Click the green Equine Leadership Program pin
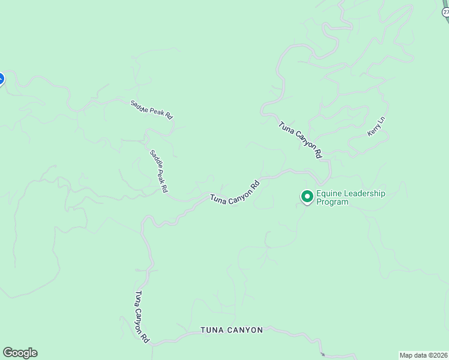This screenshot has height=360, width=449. tap(307, 196)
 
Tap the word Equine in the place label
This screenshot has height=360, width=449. tap(329, 194)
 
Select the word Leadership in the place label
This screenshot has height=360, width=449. tap(364, 194)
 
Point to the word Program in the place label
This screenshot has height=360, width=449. tap(333, 202)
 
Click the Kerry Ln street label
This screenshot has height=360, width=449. tap(376, 127)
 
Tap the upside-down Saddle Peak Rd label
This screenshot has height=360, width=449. tap(152, 109)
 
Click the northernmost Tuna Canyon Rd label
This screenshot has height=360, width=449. tap(300, 140)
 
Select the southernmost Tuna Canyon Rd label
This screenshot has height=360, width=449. tap(142, 317)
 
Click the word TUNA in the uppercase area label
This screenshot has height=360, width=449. tap(212, 330)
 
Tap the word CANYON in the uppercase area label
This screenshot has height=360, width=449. tap(246, 330)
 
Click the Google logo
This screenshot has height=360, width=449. tap(20, 353)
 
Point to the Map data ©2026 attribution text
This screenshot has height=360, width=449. tap(424, 355)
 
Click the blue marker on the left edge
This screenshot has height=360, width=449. tap(1, 79)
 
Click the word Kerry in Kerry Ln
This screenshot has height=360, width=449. tap(373, 130)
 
